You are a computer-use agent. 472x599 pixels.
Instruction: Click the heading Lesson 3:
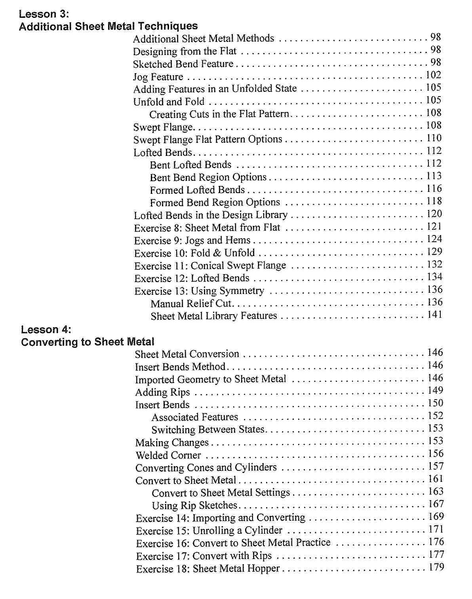44,14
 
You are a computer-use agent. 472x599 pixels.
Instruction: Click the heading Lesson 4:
46,330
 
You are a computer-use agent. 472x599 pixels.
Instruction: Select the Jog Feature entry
158,77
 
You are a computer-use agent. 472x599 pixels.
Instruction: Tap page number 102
433,75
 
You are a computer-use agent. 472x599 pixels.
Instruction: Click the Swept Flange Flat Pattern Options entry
207,140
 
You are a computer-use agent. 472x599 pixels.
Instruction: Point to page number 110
434,138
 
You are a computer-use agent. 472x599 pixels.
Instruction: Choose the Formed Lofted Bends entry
197,190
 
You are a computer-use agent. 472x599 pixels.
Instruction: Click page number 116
434,189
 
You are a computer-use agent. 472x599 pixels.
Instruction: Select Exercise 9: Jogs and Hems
192,241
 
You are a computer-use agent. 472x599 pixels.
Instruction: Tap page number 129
434,252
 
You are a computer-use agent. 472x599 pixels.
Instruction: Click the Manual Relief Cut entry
191,304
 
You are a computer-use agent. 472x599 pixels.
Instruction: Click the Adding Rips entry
162,392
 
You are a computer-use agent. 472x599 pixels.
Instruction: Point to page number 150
435,403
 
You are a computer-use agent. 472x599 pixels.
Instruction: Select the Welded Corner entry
168,455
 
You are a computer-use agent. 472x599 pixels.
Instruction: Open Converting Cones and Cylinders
206,468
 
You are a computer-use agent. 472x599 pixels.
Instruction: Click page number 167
436,504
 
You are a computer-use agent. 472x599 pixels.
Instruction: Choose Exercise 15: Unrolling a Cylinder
209,531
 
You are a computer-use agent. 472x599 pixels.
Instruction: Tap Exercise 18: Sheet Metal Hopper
208,569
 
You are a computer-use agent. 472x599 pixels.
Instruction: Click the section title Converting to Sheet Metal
88,342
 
